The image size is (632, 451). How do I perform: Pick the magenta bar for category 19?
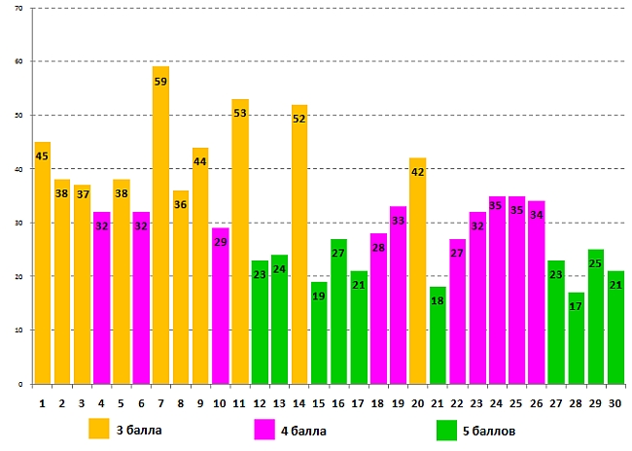[x=398, y=301]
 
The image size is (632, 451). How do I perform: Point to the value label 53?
[x=240, y=114]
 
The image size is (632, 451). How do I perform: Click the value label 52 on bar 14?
[x=299, y=120]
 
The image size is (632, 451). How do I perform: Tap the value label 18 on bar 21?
[x=438, y=301]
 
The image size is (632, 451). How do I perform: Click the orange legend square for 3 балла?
[x=99, y=429]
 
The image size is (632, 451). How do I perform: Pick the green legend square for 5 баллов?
[x=447, y=429]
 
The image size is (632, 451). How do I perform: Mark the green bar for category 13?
[x=279, y=321]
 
